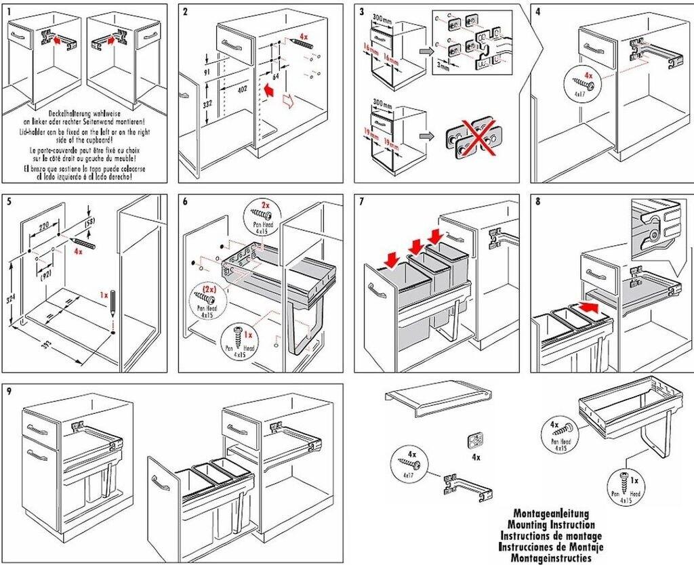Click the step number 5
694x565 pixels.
(x=8, y=201)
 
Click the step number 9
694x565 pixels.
(x=8, y=391)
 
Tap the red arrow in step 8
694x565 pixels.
(x=590, y=308)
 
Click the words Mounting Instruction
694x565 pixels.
(x=551, y=524)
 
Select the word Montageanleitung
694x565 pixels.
(x=550, y=514)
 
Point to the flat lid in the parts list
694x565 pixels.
(x=436, y=400)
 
